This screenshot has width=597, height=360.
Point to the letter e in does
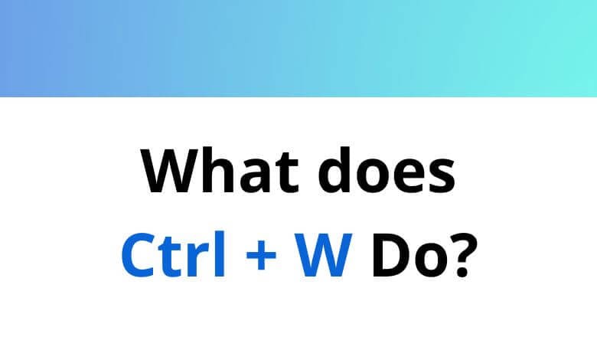pyautogui.click(x=406, y=177)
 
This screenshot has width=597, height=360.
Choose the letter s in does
pyautogui.click(x=439, y=177)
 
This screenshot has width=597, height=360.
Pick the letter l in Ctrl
pyautogui.click(x=220, y=255)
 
